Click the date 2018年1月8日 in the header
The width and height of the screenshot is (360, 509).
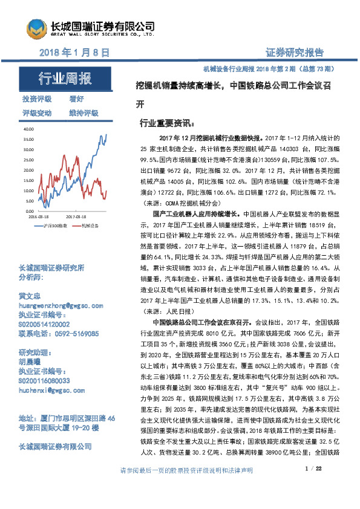point(74,53)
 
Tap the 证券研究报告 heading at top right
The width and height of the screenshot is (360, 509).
point(295,53)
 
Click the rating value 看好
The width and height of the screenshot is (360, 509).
point(76,99)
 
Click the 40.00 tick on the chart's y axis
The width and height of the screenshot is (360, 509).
point(28,129)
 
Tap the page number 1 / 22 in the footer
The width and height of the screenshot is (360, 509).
point(313,486)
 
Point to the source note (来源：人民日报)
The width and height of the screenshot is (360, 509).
point(165,311)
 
